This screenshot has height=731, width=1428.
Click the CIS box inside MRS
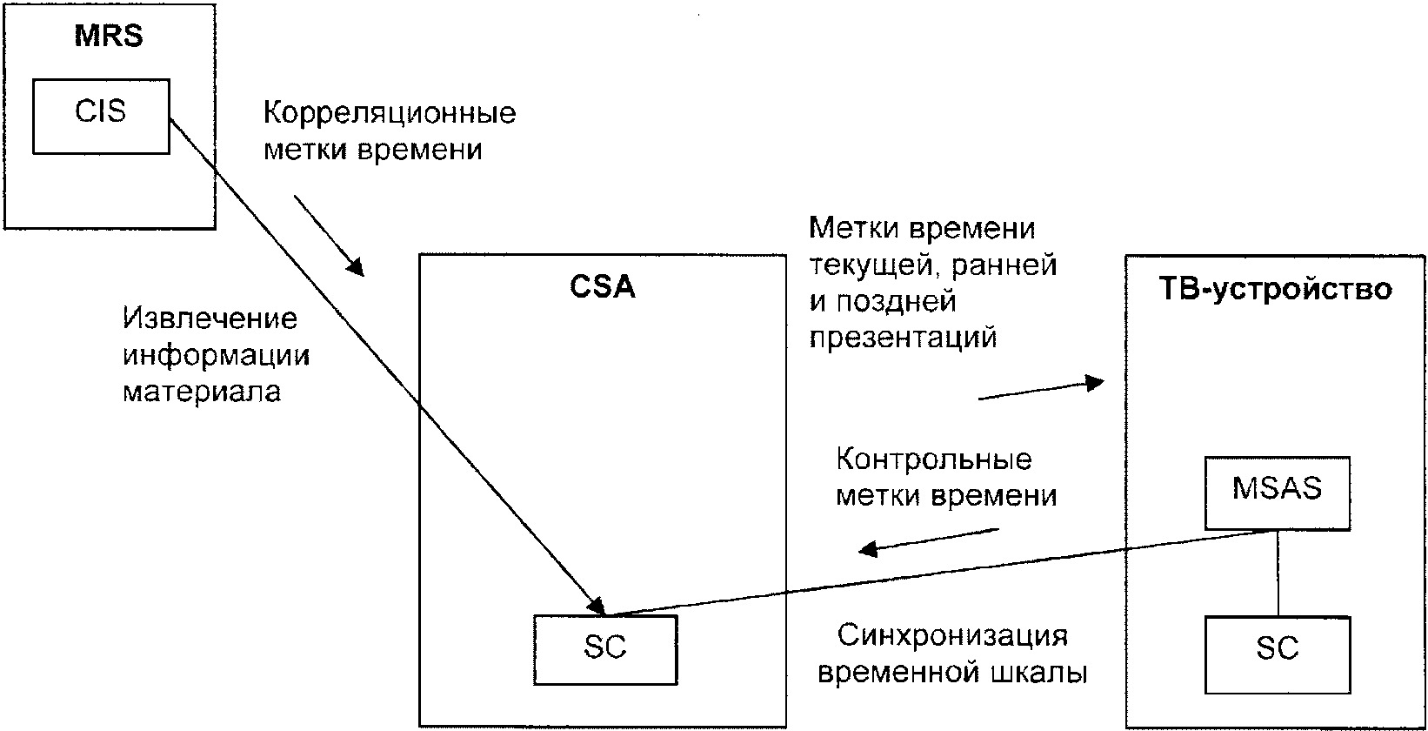(x=102, y=116)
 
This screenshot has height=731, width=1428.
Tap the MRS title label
(x=109, y=36)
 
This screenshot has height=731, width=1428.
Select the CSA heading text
(x=603, y=287)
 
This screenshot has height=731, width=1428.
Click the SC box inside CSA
(x=605, y=650)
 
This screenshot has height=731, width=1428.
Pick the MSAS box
(x=1278, y=493)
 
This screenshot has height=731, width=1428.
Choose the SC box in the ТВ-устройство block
(x=1278, y=655)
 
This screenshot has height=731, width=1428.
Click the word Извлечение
(x=210, y=319)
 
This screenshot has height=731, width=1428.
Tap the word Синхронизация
(x=952, y=637)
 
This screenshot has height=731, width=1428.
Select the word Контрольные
(x=934, y=459)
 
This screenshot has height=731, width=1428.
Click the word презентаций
(x=904, y=338)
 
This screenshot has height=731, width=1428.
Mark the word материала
(x=202, y=392)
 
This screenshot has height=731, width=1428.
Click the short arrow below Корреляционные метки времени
(x=329, y=236)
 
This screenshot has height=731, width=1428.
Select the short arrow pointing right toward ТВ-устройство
(x=1041, y=390)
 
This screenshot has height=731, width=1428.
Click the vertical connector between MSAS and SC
(x=1278, y=573)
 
